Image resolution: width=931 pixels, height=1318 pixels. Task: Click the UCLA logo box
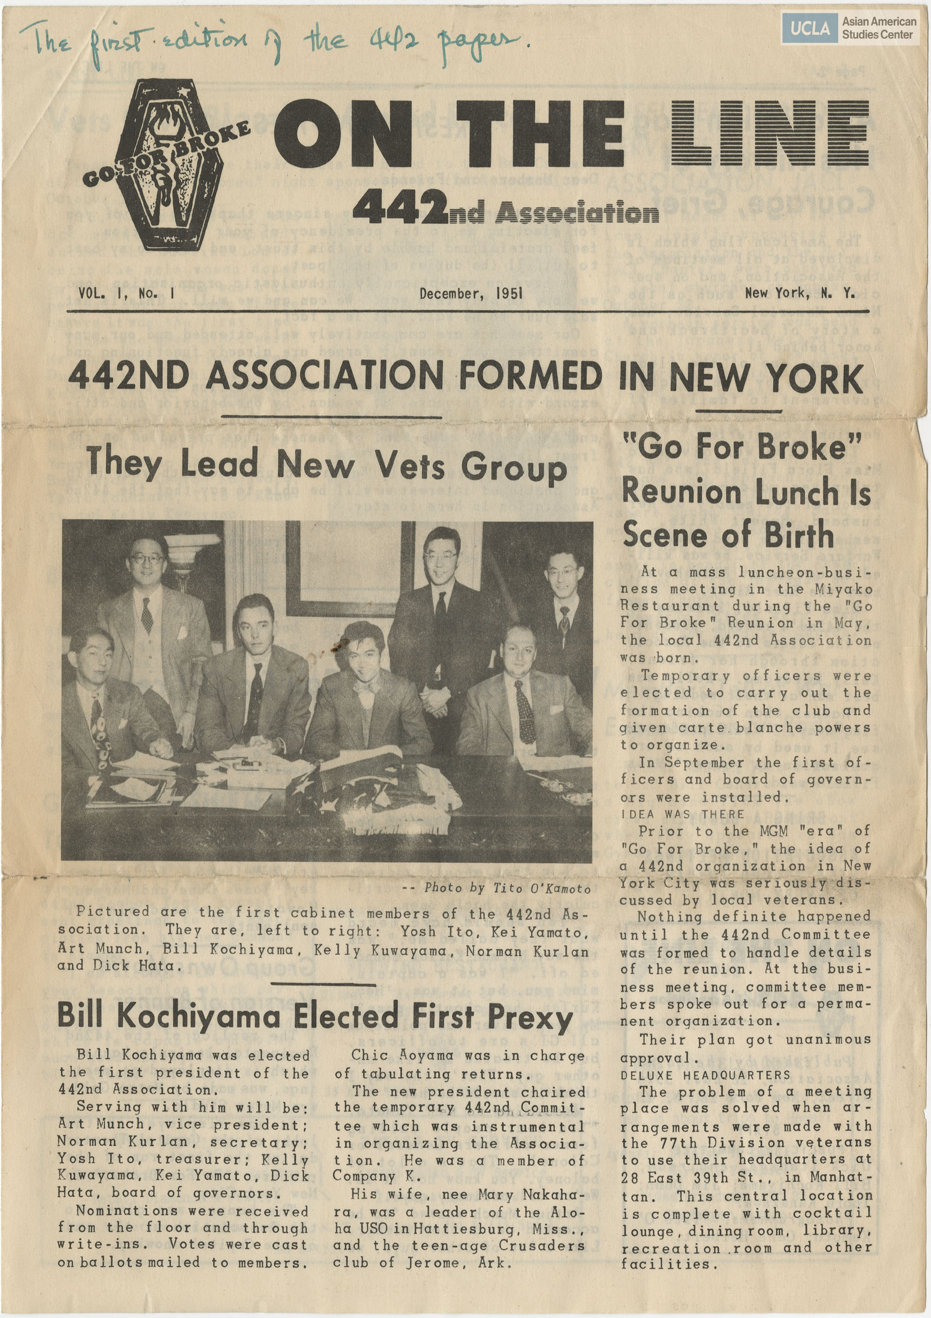coord(809,28)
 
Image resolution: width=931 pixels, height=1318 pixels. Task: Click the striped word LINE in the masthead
coord(770,133)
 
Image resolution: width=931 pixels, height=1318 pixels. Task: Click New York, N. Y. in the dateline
coord(800,293)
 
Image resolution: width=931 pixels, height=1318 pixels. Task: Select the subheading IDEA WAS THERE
coord(682,814)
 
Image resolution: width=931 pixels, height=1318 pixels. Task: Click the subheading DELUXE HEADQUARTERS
coord(705,1075)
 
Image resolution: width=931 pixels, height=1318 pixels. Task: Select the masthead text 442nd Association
coord(505,211)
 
